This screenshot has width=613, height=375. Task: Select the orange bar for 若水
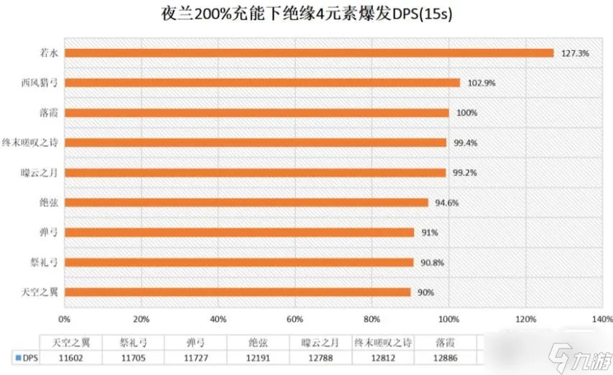click(x=309, y=53)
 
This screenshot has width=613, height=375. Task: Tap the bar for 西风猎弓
click(x=262, y=83)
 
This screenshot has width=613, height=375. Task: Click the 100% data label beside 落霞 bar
click(x=466, y=113)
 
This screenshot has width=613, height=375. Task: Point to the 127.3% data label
click(x=573, y=53)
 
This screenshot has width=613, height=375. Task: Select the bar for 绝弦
click(x=246, y=203)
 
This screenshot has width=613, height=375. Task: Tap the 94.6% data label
click(x=446, y=203)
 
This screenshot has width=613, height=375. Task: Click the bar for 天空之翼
click(x=238, y=292)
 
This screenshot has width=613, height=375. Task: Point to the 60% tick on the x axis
click(x=295, y=319)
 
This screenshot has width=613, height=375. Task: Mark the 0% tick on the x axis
click(x=65, y=319)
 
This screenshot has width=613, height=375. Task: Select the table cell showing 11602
click(x=70, y=357)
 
